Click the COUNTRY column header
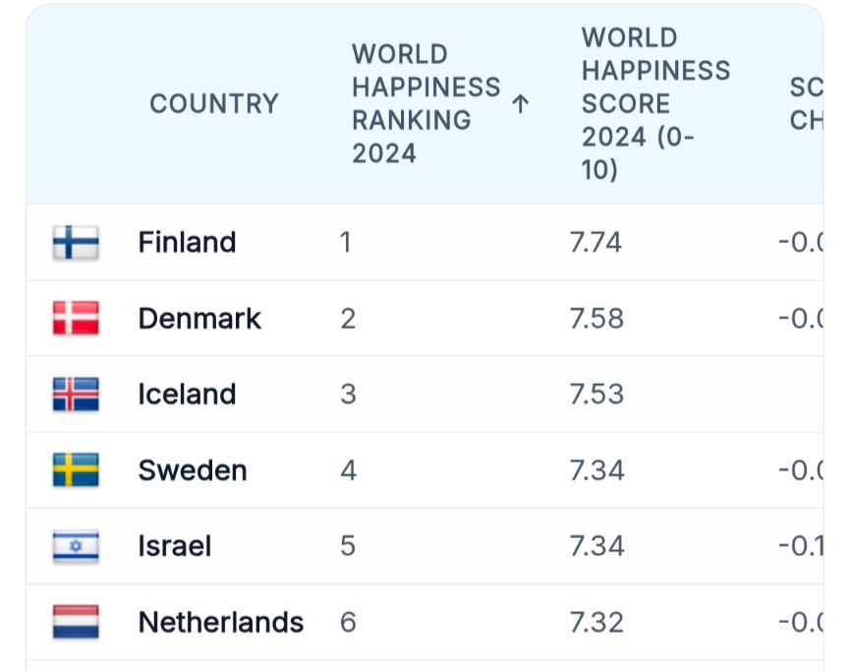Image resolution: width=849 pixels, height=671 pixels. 213,103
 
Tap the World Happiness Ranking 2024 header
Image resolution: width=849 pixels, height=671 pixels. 425,103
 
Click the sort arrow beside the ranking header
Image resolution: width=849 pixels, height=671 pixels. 521,103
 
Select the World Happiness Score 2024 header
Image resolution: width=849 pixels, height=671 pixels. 655,103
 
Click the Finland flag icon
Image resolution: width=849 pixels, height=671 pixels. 76,242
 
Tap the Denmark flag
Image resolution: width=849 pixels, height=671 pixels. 76,319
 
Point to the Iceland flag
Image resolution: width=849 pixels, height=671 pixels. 76,395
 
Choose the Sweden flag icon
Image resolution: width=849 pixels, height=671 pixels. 76,470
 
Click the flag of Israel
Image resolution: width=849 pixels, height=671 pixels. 76,546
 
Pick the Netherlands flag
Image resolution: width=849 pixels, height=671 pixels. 76,622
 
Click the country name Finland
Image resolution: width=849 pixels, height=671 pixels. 187,242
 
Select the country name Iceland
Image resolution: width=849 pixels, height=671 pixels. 187,395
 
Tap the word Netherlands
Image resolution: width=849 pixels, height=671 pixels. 220,622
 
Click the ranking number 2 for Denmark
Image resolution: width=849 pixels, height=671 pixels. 348,319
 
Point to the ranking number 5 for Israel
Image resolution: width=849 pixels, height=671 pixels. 348,546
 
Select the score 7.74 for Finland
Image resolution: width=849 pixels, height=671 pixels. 595,242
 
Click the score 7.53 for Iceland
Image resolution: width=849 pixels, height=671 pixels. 595,395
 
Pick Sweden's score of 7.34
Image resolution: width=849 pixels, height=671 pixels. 595,470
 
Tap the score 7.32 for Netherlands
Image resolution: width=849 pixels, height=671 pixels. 595,622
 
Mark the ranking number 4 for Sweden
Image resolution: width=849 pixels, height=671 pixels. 348,470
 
